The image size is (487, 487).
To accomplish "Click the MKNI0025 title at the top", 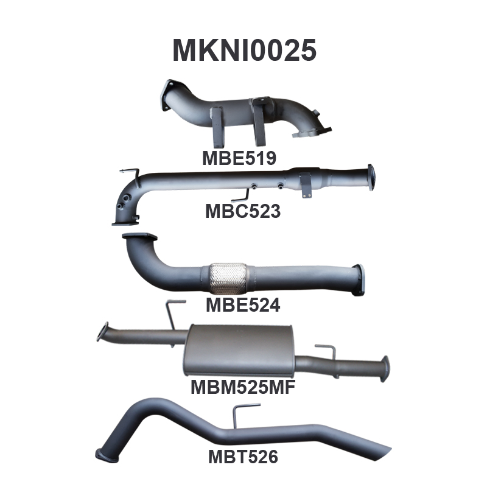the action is click(x=245, y=51).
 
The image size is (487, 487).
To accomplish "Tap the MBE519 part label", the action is click(x=239, y=158).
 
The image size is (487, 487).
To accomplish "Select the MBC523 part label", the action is click(x=243, y=211).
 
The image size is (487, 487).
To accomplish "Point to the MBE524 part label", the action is click(x=243, y=305).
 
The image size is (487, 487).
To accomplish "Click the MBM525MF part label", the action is click(x=243, y=387).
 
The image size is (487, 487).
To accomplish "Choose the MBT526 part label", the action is click(x=243, y=457).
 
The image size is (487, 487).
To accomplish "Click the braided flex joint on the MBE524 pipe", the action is click(x=228, y=278).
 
